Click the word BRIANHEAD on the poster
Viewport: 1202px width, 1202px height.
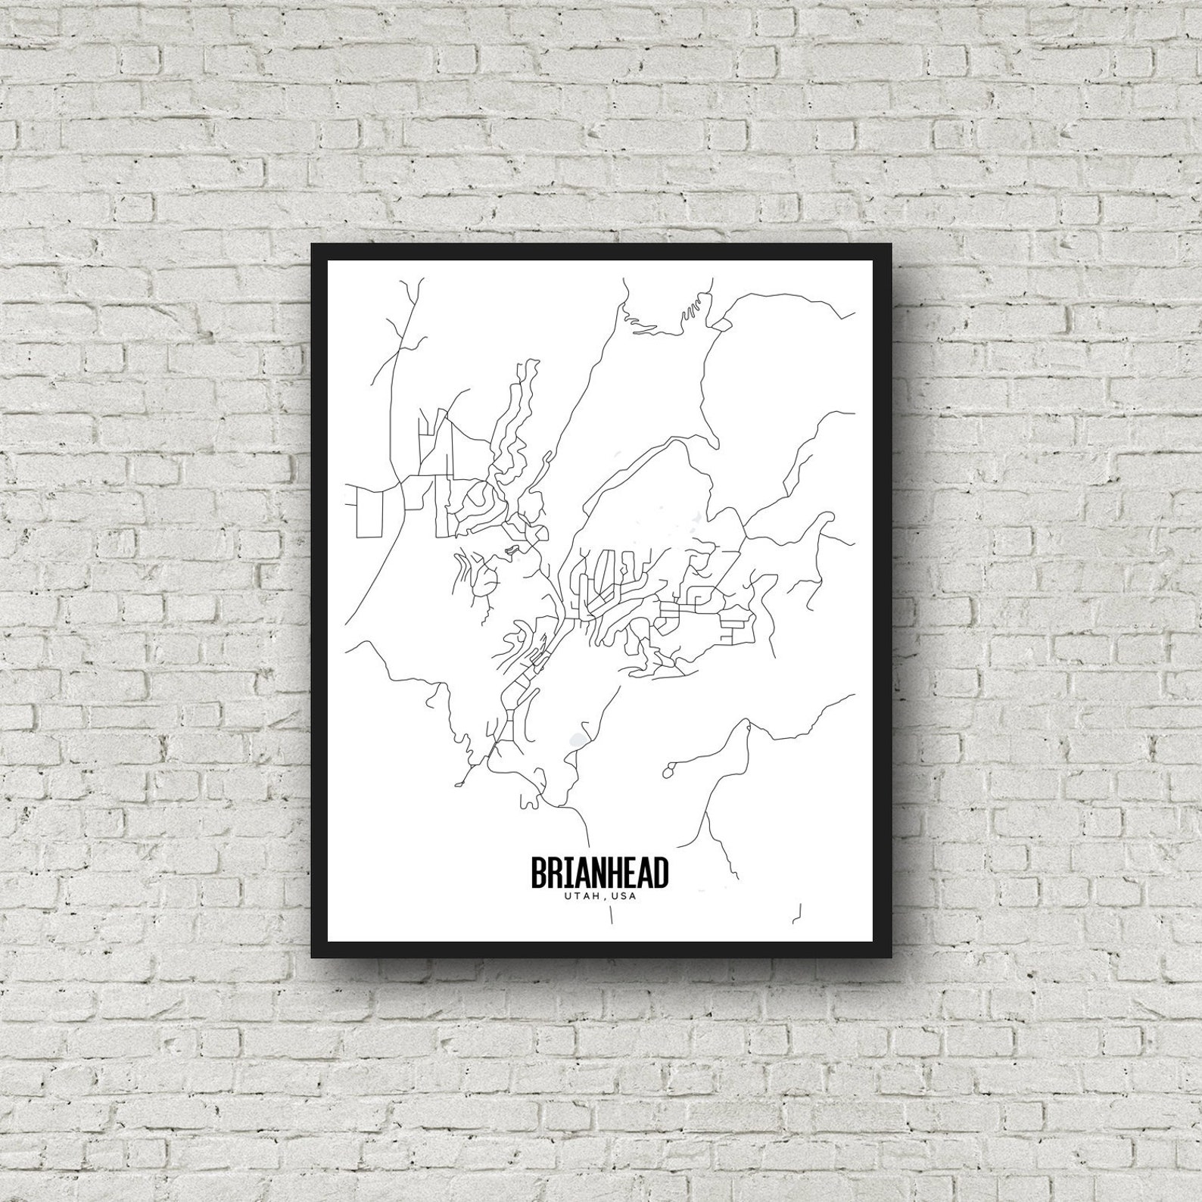[x=599, y=873]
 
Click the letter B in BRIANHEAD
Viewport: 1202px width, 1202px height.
[x=538, y=873]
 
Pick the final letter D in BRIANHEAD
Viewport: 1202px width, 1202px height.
[x=661, y=873]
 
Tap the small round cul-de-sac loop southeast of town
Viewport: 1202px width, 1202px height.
[x=668, y=772]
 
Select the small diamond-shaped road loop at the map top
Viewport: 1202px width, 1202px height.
[x=722, y=325]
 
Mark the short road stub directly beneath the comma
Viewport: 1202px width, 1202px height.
[x=611, y=917]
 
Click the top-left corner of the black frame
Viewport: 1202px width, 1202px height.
[x=312, y=244]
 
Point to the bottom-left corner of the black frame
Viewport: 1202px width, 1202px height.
[x=312, y=957]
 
